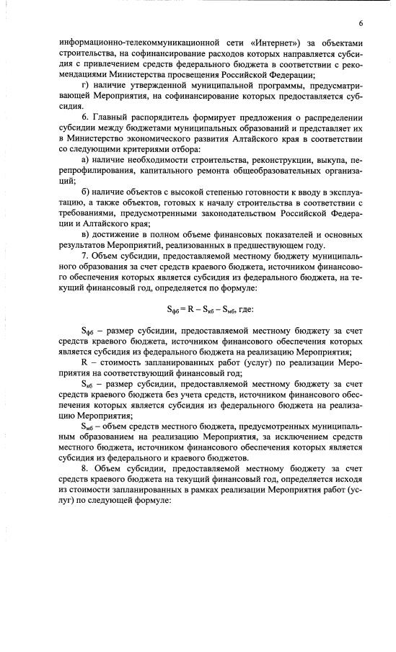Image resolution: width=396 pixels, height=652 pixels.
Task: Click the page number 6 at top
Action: [x=360, y=24]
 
